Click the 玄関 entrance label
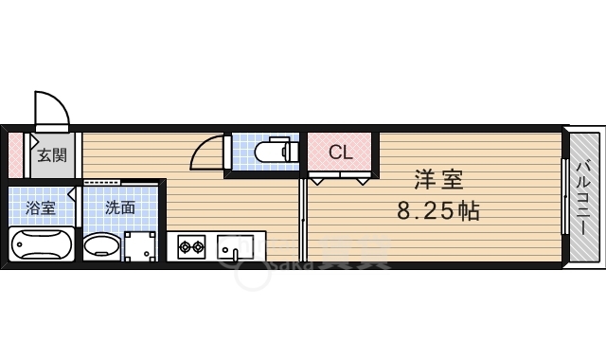(x=52, y=155)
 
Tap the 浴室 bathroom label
(x=40, y=208)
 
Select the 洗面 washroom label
(x=119, y=208)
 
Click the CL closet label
(x=341, y=152)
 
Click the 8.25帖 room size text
(x=437, y=210)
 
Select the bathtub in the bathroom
(x=41, y=245)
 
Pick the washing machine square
(x=142, y=246)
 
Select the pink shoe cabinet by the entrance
(x=15, y=154)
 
